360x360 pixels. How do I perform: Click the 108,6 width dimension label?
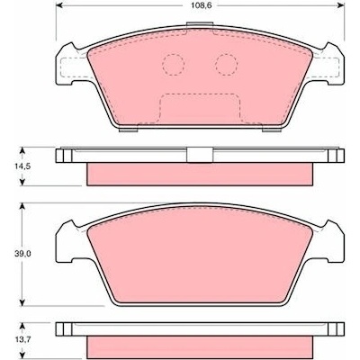200,5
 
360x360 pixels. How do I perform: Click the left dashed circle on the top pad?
173,65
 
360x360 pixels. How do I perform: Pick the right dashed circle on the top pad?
226,65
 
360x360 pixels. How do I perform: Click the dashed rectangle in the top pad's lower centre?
200,109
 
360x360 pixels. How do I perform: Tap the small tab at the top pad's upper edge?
200,24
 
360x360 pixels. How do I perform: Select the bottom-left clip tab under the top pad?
129,130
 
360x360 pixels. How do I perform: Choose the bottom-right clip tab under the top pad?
272,130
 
